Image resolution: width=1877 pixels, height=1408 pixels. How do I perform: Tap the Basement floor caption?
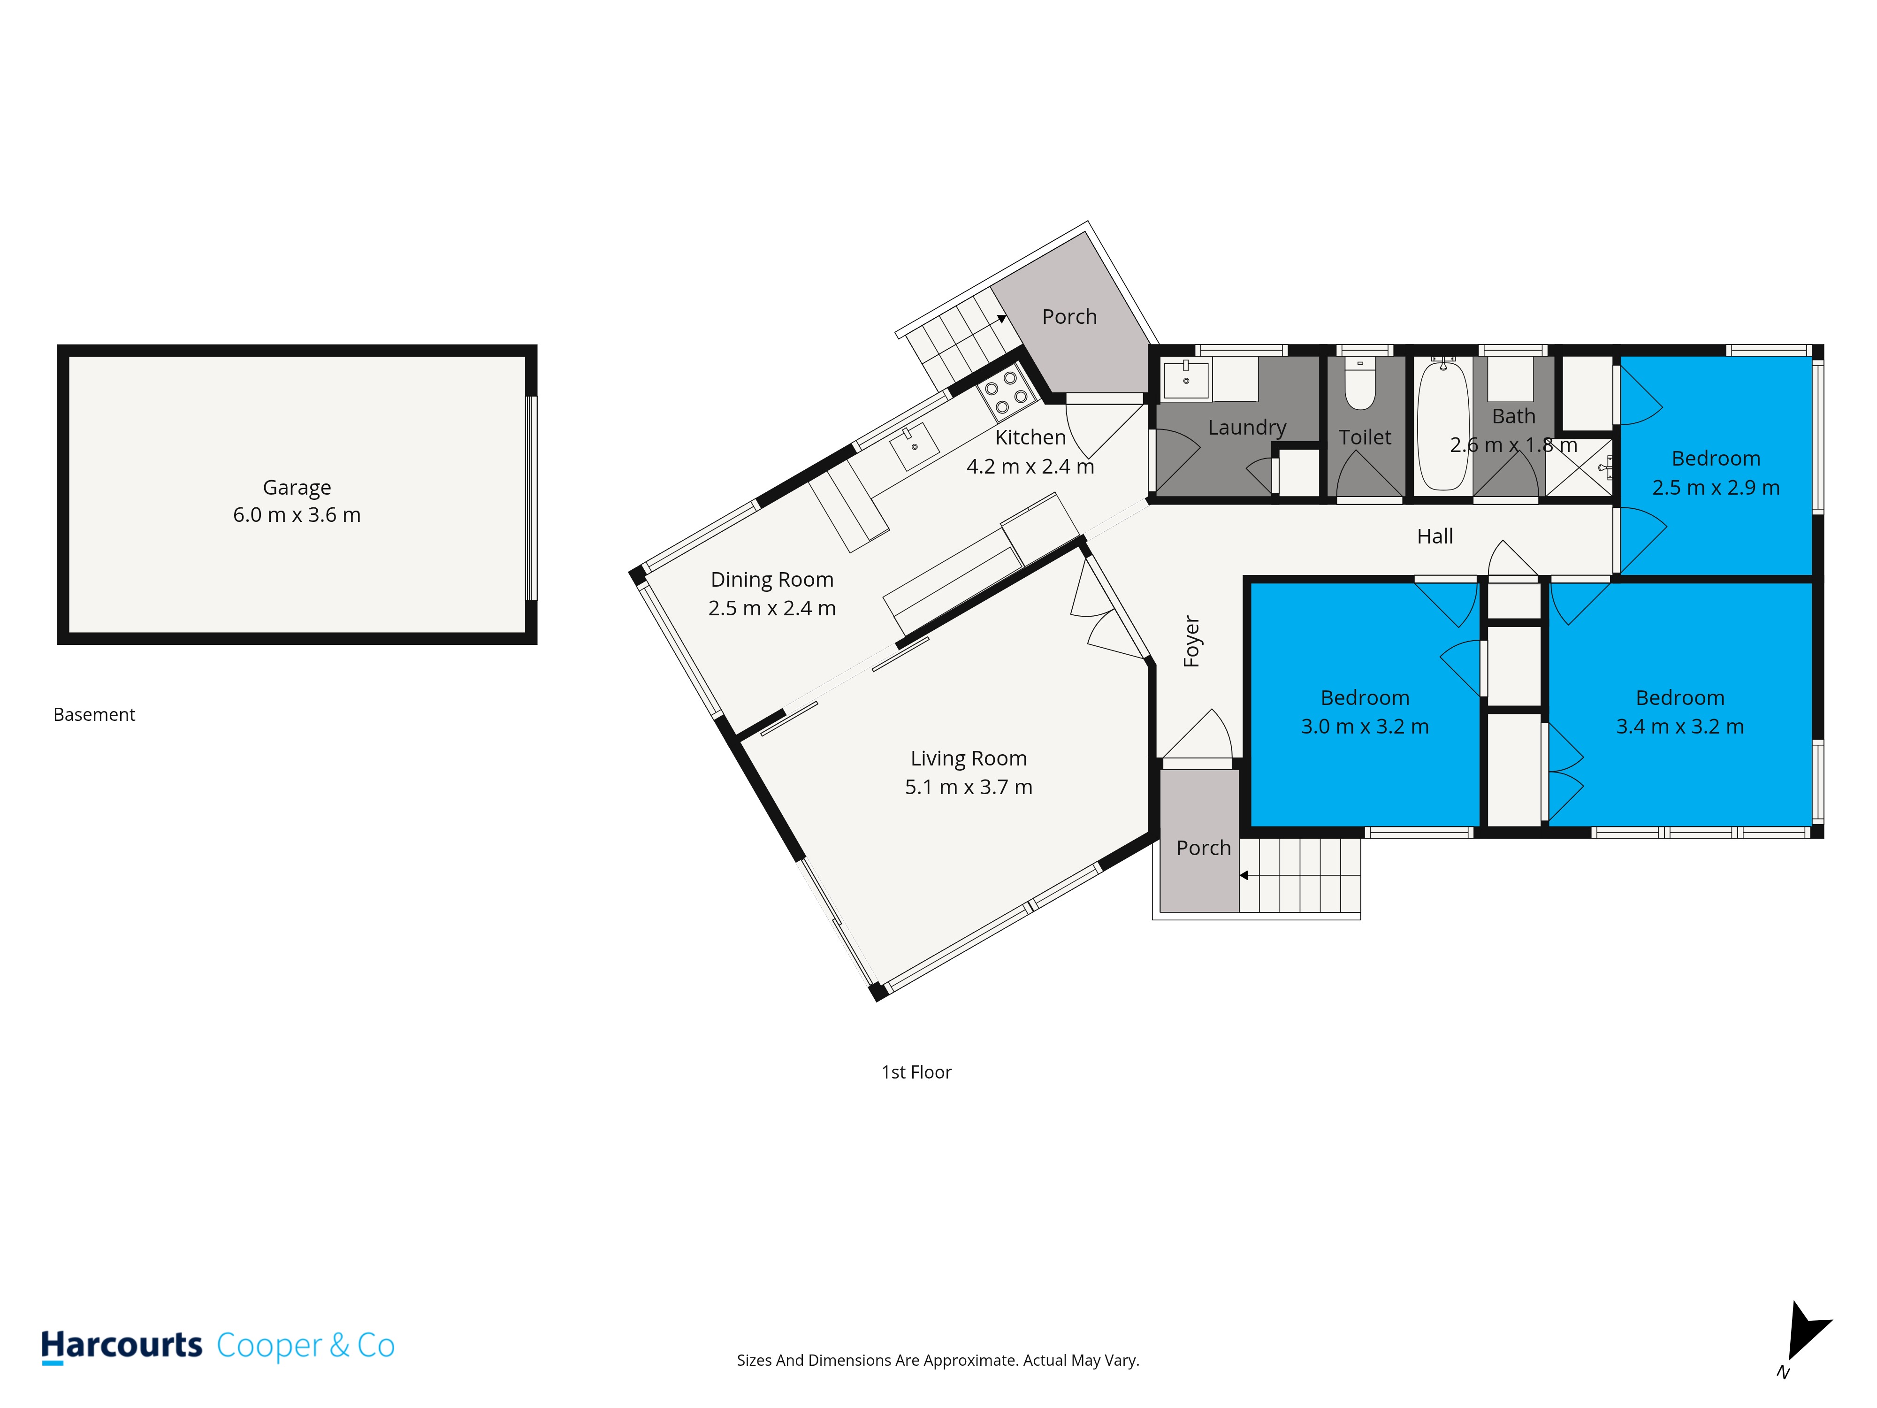click(94, 715)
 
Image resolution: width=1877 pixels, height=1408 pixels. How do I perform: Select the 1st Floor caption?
click(916, 1072)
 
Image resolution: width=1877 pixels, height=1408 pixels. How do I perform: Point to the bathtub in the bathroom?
click(1442, 423)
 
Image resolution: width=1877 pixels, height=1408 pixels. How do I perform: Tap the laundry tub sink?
click(1185, 379)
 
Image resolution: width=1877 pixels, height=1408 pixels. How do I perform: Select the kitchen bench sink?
click(914, 445)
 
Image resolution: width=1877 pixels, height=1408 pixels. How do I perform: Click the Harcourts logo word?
click(122, 1345)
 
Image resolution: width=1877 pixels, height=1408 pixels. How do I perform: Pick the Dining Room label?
click(772, 580)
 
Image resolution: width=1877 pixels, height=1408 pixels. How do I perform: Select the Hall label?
click(1435, 536)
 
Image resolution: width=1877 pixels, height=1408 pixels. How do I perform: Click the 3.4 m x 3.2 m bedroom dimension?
click(1680, 727)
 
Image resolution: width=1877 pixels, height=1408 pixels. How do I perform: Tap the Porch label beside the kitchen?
click(1069, 317)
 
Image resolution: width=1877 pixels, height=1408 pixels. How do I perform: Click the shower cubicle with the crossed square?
click(1578, 467)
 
